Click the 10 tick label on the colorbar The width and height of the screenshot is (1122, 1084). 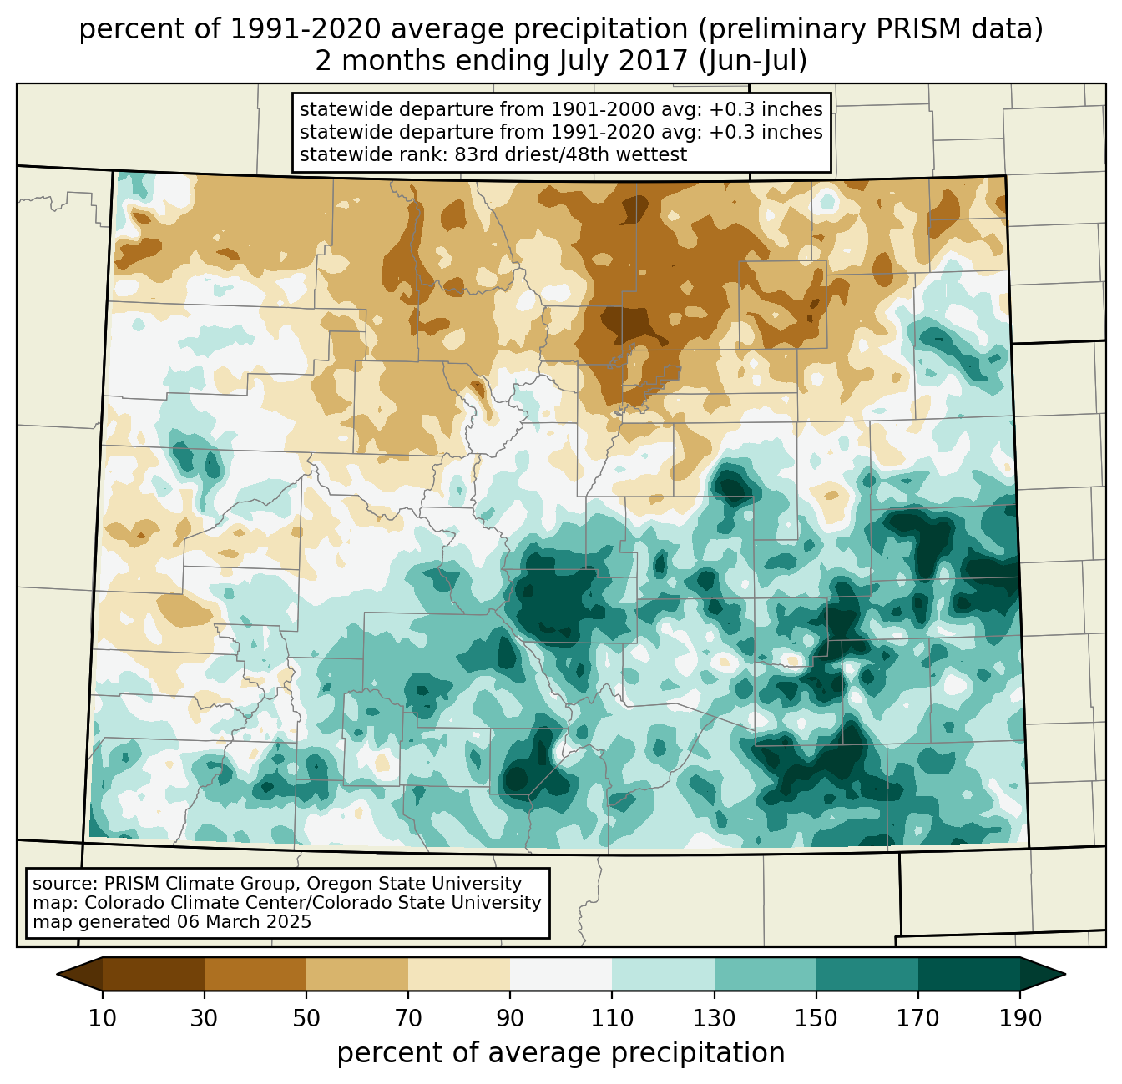click(103, 1019)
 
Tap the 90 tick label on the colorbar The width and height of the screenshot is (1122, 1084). click(510, 1019)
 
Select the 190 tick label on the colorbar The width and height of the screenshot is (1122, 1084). click(1020, 1019)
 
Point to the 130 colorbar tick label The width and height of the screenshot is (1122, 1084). click(715, 1019)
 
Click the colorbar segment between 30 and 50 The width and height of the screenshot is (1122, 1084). click(255, 974)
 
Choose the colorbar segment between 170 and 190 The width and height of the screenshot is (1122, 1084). click(969, 974)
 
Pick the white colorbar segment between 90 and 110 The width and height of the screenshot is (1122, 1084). click(561, 974)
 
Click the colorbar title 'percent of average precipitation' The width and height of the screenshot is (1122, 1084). click(561, 1053)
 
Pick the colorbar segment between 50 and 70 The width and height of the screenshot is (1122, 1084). click(357, 974)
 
